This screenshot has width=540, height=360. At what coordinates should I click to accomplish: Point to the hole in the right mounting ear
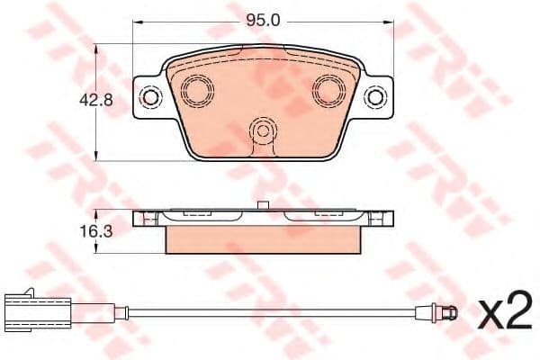pos(376,97)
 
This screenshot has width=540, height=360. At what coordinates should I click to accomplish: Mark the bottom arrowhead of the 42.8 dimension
pos(97,157)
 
